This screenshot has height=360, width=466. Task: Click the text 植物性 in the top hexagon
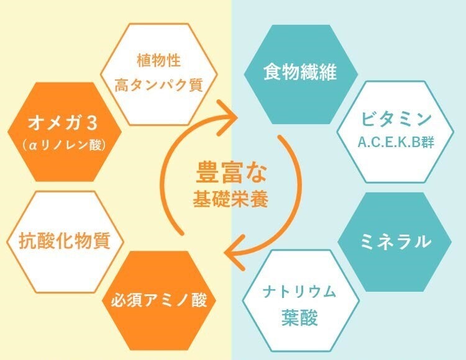[x=158, y=62]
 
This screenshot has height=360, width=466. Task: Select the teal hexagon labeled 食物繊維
[x=300, y=72]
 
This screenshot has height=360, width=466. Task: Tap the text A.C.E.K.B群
[x=395, y=143]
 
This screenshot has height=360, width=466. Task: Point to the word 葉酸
[x=299, y=319]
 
